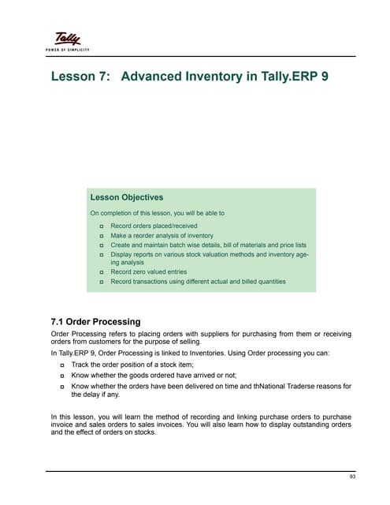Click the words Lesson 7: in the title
tap(80, 79)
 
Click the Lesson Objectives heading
tap(127, 197)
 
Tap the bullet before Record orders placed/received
tap(102, 226)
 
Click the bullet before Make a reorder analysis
tap(102, 236)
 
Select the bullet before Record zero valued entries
tap(102, 272)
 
